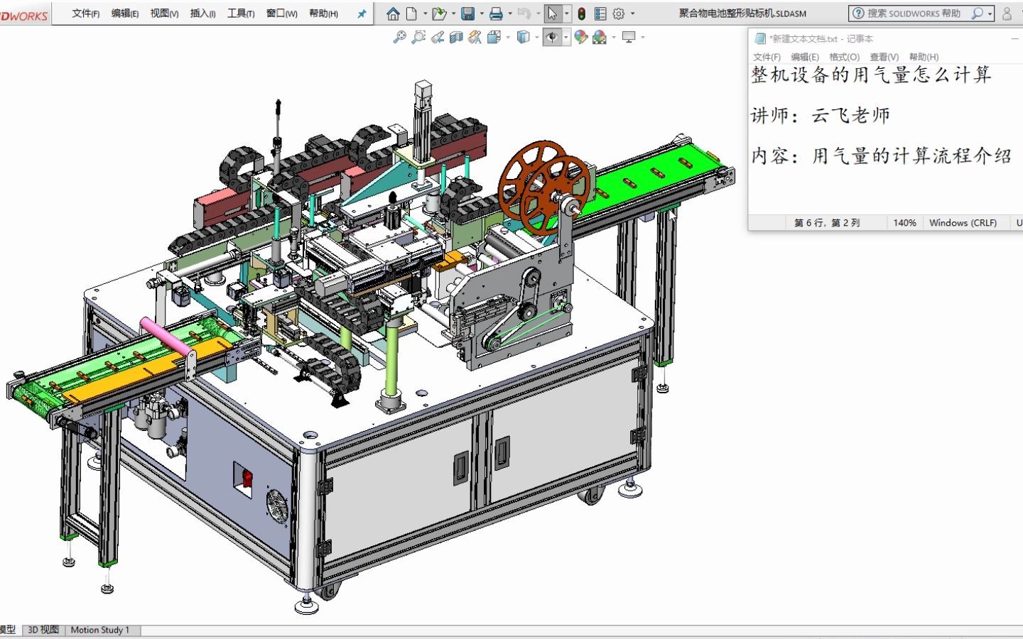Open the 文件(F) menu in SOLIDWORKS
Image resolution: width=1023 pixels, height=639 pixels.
point(85,13)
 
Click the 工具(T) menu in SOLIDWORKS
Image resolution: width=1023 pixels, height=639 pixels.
point(241,13)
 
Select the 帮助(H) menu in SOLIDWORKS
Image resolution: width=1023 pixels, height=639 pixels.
point(323,13)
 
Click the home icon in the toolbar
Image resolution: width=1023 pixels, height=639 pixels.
point(393,13)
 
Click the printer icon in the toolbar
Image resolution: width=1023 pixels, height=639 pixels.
point(496,13)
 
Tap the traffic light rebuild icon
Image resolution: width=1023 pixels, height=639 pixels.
point(581,13)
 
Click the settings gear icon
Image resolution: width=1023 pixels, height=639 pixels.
point(618,13)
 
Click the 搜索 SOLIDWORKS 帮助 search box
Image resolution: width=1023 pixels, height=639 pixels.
point(921,13)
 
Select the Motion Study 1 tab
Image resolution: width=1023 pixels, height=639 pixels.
point(100,630)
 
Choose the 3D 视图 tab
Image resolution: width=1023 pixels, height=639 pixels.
point(43,630)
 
